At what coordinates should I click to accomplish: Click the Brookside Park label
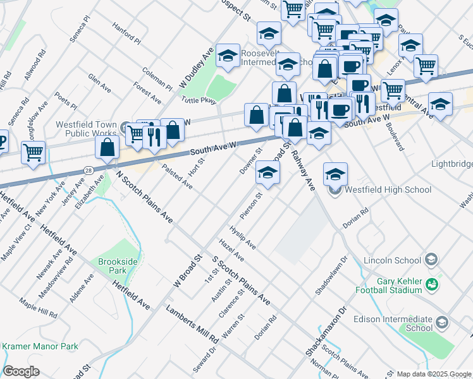[113, 266]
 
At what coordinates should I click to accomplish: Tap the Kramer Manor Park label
[40, 346]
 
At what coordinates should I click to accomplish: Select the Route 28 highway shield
[88, 171]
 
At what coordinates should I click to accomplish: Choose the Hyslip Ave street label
[242, 236]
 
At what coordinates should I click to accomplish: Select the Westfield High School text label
[388, 189]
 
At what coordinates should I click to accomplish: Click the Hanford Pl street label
[126, 32]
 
